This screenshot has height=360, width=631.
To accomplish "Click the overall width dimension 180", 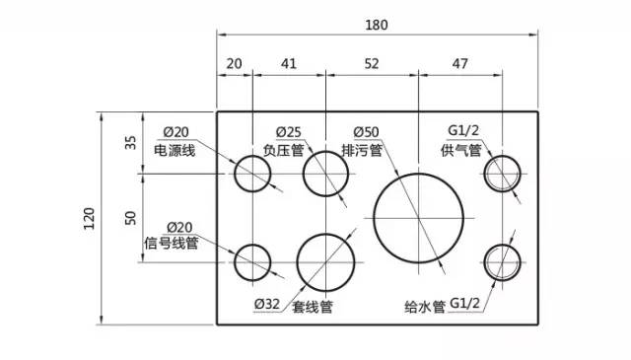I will point(378,25).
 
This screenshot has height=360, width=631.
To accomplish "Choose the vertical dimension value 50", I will point(131,218).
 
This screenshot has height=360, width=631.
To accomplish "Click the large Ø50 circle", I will point(419,217).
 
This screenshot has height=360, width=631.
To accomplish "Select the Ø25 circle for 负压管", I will point(326,175).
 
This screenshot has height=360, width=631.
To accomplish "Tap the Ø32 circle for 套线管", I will point(326,262).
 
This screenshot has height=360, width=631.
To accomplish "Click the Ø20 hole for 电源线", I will point(252,175).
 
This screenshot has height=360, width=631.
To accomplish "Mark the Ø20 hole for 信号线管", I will point(252,262).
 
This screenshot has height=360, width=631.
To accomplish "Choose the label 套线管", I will point(312,307).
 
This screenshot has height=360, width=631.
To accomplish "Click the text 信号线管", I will point(172,244).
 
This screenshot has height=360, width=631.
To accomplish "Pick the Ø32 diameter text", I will point(266,306).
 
